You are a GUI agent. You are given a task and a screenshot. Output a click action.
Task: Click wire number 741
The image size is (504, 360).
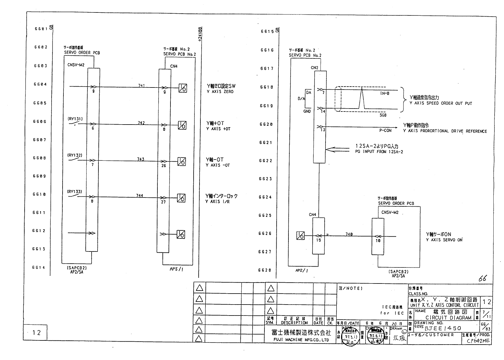(x=141, y=85)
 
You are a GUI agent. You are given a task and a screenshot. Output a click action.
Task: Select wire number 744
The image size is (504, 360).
(x=140, y=195)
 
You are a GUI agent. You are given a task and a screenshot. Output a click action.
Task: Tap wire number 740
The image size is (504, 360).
(x=349, y=234)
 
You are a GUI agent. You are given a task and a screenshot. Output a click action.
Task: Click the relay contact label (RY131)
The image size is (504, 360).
(x=75, y=119)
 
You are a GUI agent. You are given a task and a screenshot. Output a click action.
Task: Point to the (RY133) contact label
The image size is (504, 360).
(x=74, y=192)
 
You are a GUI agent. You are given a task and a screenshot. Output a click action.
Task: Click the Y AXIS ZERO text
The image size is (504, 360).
(x=220, y=92)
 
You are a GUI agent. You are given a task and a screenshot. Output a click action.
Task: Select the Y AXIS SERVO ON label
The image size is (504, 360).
(x=444, y=240)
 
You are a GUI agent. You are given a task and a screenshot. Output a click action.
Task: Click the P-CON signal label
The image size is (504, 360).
(x=385, y=130)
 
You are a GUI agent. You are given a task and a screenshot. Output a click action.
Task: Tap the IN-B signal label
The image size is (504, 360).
(x=385, y=93)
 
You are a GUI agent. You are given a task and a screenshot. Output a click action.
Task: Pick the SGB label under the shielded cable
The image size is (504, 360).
(x=383, y=115)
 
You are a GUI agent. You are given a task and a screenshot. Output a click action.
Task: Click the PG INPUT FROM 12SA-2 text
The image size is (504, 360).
(x=379, y=152)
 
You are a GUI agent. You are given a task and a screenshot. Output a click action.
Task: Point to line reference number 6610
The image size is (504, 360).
(x=39, y=195)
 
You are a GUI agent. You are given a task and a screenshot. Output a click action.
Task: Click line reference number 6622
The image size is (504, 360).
(x=265, y=161)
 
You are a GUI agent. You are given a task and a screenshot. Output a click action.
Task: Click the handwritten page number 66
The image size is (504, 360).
(x=483, y=278)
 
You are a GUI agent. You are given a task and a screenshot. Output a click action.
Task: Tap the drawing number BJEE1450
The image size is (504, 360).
(x=443, y=328)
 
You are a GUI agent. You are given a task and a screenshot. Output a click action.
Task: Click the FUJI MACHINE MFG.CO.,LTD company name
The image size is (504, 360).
(x=300, y=340)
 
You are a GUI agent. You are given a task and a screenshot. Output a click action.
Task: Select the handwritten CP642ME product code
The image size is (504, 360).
(x=478, y=341)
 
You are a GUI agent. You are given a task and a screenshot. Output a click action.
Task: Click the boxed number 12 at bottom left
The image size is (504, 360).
(x=36, y=333)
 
